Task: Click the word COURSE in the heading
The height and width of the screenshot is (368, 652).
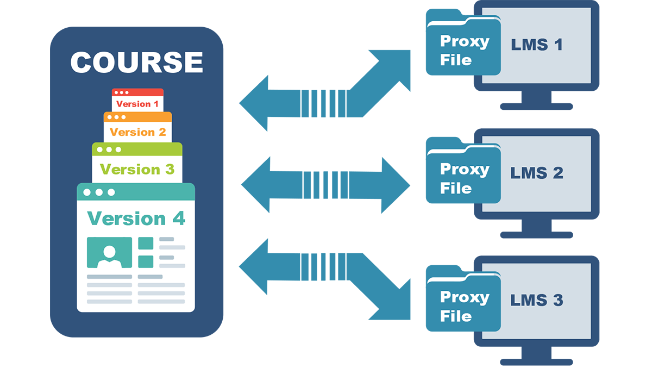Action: [x=136, y=62]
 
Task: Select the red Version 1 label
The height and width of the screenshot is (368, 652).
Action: [x=137, y=104]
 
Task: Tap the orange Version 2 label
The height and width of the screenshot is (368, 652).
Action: [x=137, y=132]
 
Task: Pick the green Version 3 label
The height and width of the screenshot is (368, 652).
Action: [x=137, y=169]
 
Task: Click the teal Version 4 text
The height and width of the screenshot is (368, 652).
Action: [x=136, y=219]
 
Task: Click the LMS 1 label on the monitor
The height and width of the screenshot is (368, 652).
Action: [x=536, y=45]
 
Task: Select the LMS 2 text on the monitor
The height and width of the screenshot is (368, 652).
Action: [x=536, y=173]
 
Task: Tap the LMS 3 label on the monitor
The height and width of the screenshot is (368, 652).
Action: [x=536, y=300]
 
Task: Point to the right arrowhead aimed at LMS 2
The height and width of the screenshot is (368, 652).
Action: [x=396, y=185]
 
